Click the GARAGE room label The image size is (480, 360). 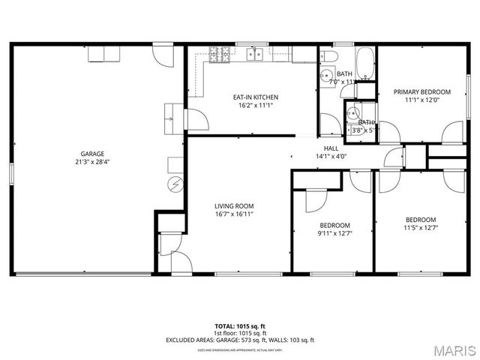(x=92, y=153)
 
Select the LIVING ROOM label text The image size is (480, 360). (x=234, y=205)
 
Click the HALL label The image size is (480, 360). (x=331, y=148)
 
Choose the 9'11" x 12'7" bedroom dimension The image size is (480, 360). (x=334, y=234)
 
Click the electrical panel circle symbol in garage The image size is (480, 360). (x=176, y=184)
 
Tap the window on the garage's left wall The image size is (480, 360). (x=10, y=172)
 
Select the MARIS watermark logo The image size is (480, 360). (x=451, y=349)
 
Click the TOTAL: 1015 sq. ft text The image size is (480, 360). (x=239, y=326)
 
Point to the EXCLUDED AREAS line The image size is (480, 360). (x=239, y=340)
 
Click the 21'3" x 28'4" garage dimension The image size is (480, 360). (x=92, y=162)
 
